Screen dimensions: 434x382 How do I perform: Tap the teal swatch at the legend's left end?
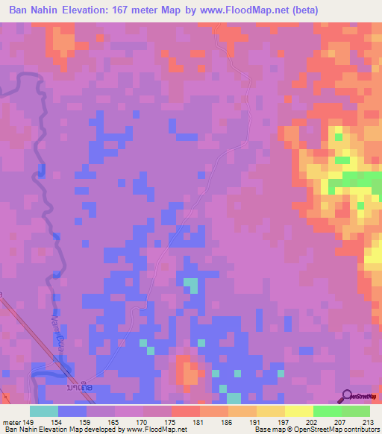[44, 411]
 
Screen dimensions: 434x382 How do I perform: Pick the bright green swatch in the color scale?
[327, 411]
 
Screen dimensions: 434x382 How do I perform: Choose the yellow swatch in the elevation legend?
[298, 411]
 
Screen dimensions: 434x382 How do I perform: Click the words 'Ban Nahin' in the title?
[32, 10]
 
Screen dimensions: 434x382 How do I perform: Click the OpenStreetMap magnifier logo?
[348, 396]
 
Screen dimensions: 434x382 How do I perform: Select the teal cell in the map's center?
[192, 285]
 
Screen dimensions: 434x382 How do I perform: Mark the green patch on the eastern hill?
[350, 180]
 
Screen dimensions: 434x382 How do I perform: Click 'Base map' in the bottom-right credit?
[266, 430]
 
